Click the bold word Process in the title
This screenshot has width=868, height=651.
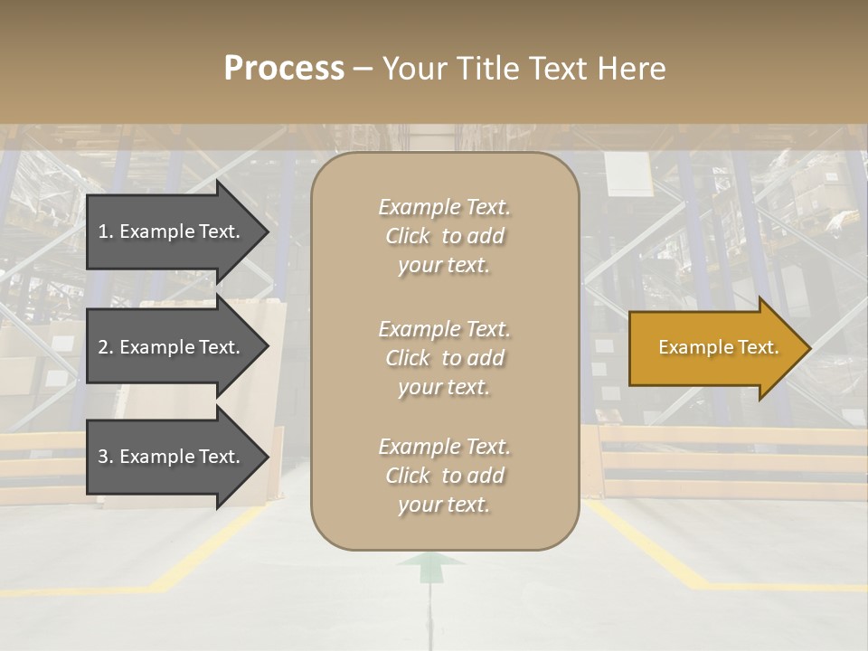tap(284, 69)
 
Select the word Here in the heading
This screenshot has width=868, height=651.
tap(632, 69)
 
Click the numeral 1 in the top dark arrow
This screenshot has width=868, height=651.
tap(102, 231)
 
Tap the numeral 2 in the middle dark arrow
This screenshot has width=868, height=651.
tap(102, 347)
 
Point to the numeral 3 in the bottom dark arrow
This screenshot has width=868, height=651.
tap(102, 457)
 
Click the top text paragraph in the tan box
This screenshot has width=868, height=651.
tap(444, 236)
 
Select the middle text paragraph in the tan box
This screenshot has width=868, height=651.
tap(444, 358)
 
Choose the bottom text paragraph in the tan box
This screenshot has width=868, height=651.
tap(444, 476)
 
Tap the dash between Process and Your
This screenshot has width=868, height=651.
tap(363, 69)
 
